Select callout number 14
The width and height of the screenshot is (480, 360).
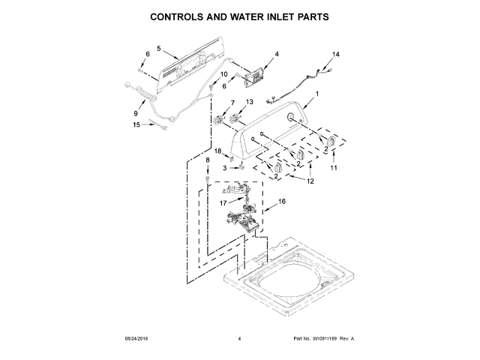coord(336,55)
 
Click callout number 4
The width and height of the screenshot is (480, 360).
coord(276,54)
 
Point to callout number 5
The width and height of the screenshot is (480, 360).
coord(158,49)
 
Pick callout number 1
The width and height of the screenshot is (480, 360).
coord(316,94)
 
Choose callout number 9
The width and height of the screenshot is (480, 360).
coord(136,113)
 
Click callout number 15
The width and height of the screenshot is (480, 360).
coord(136,124)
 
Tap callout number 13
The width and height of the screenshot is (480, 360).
coord(250,102)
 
